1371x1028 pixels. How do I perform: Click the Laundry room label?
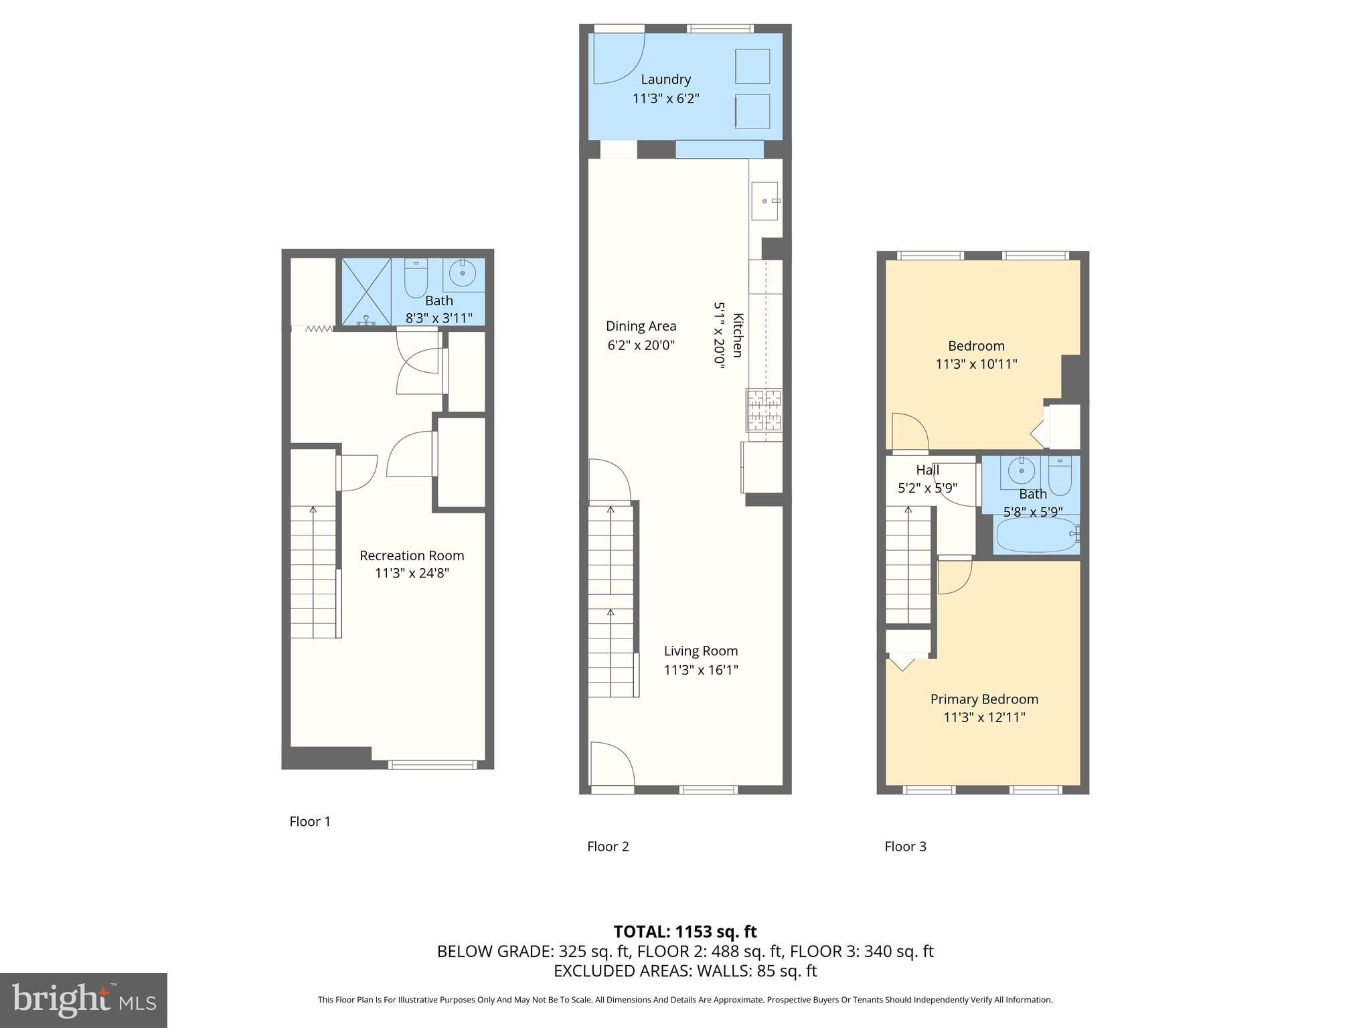tap(665, 80)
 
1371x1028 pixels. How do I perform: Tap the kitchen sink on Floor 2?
tap(764, 201)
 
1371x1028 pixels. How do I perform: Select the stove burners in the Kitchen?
tap(764, 410)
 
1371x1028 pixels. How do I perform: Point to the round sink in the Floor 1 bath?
tap(462, 273)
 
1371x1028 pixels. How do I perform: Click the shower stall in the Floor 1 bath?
tap(366, 292)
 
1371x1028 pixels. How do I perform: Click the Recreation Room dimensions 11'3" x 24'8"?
tap(412, 574)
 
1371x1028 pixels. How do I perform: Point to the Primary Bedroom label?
tap(984, 699)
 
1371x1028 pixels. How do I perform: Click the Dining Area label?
tap(641, 327)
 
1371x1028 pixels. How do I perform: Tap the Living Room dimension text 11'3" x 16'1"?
tap(701, 670)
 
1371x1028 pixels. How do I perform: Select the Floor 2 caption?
tap(608, 847)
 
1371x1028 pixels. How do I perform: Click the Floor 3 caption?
tap(905, 847)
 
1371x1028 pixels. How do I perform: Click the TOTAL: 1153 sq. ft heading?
tap(685, 932)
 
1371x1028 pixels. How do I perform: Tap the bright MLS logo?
tap(84, 1000)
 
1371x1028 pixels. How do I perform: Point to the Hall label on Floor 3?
tap(927, 470)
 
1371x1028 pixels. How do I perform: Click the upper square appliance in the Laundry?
tap(752, 66)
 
